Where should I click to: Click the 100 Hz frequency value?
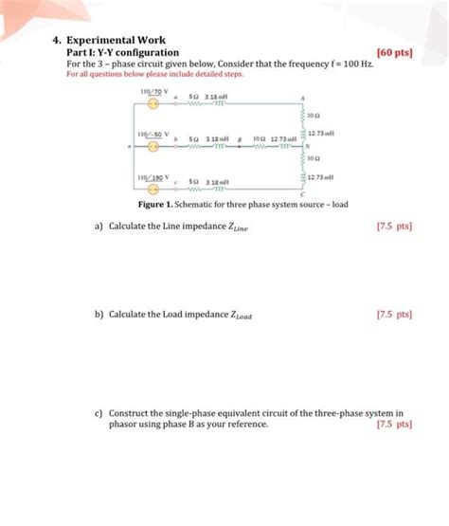[361, 62]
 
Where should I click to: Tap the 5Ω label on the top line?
[193, 97]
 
